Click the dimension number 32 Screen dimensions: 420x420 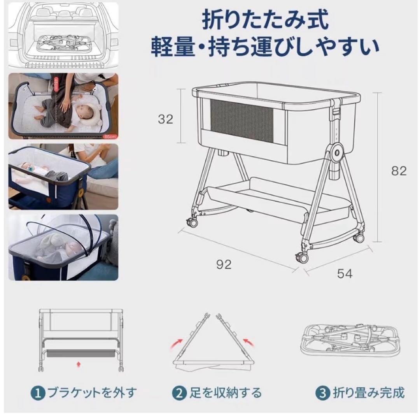point(165,119)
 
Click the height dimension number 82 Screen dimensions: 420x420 point(398,171)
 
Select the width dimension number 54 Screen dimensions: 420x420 point(345,274)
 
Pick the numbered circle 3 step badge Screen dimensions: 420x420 point(322,393)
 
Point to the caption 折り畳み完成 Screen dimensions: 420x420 point(368,393)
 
